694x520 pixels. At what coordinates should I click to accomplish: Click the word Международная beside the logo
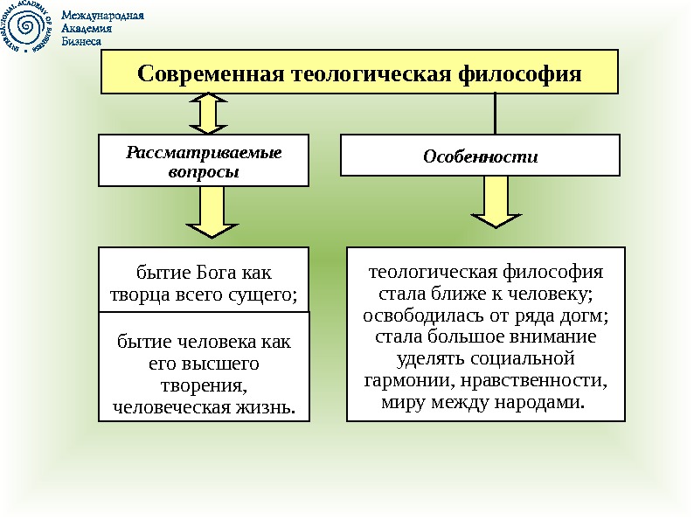[x=102, y=16]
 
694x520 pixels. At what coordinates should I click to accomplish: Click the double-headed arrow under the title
[x=207, y=114]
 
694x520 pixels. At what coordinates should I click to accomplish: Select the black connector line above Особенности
[x=496, y=114]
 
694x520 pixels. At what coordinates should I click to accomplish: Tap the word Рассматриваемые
[x=204, y=153]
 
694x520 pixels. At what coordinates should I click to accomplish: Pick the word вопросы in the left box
[x=204, y=171]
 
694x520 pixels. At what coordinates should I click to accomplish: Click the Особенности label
[x=480, y=157]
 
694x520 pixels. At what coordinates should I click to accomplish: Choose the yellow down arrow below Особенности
[x=496, y=203]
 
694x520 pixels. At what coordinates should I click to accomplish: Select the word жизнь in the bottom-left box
[x=266, y=406]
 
